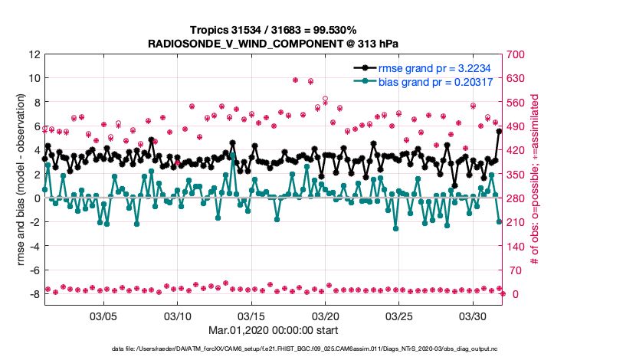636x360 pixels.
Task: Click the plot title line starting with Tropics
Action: [x=273, y=31]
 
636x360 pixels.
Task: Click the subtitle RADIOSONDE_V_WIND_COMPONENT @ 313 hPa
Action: [x=273, y=44]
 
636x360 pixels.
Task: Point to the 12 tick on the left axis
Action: [x=34, y=54]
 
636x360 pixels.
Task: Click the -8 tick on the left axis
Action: [x=34, y=294]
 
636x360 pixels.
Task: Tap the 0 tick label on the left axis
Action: [x=37, y=198]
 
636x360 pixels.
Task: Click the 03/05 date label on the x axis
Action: [x=103, y=316]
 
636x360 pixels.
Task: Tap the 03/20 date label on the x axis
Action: [x=325, y=316]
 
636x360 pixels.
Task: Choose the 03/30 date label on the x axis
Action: [x=473, y=316]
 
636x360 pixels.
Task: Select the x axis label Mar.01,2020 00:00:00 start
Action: [x=273, y=332]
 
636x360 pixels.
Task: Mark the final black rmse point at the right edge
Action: [x=500, y=131]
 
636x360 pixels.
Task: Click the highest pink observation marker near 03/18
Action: [x=296, y=80]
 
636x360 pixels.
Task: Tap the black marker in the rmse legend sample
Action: [x=367, y=68]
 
